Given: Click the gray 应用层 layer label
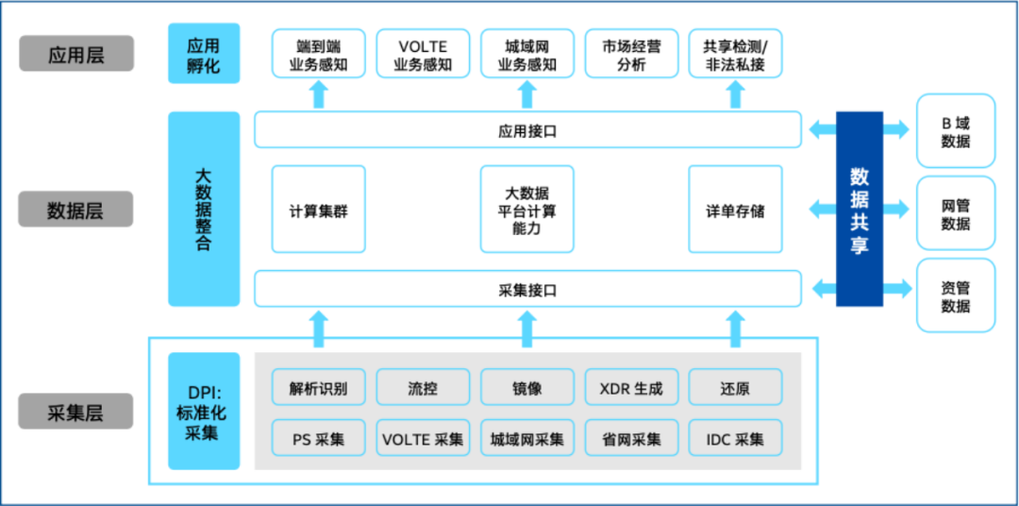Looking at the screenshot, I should (76, 54).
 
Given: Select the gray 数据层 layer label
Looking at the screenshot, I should (75, 210).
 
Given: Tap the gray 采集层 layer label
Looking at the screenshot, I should (75, 412).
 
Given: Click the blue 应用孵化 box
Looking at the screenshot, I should (203, 55).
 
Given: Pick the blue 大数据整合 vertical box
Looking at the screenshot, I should (203, 209).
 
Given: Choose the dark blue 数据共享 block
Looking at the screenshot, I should (859, 209).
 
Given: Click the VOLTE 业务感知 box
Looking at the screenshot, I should (423, 55).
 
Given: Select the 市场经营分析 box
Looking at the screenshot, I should (631, 55).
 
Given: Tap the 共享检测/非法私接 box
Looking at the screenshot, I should (735, 55).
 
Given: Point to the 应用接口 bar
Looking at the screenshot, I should (527, 130).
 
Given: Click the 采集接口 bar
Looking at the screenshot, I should (527, 289).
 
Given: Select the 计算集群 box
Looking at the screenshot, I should (318, 210).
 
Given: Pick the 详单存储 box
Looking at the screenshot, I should (735, 210).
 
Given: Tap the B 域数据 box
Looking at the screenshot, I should (955, 132).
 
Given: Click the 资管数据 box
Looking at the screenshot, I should (955, 295).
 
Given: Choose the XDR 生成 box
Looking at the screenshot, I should (631, 387).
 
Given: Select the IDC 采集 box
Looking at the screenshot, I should (735, 438).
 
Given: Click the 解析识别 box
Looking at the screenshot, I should (318, 387).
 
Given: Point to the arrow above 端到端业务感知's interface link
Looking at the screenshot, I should (318, 93).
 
